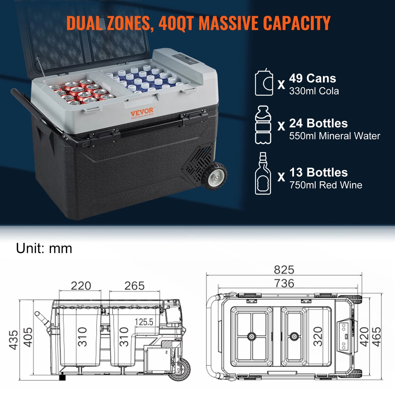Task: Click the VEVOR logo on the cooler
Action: coord(142,112)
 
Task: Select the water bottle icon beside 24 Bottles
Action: coord(263,125)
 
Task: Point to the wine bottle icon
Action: coord(263,174)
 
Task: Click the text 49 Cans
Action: coord(312,78)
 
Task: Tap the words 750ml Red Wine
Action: coord(326,185)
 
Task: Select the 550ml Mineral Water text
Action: coord(335,136)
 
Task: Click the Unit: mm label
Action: coord(44,248)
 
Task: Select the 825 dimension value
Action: coord(284,270)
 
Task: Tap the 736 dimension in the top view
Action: coord(284,283)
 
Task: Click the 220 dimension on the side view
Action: coord(81,286)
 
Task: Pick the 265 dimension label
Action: coord(134,286)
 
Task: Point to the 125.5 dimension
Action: coord(144,322)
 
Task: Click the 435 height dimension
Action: coord(14,340)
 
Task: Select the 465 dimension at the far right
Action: coord(377,337)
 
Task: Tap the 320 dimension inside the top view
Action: coord(318,337)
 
